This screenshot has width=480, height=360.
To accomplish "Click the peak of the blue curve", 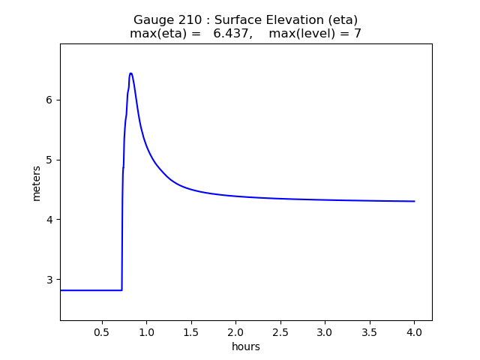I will (x=130, y=73).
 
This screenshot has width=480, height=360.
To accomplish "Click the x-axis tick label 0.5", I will (x=101, y=331).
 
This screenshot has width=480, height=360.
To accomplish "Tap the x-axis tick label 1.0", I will (x=146, y=331).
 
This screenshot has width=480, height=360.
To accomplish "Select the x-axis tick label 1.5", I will (x=190, y=331).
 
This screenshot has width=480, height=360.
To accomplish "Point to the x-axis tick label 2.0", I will (x=235, y=331).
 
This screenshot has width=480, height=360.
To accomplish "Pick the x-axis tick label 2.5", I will (x=280, y=331).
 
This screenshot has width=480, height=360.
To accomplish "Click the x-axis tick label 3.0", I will (x=325, y=331).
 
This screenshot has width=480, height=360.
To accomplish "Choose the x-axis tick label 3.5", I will (x=369, y=331).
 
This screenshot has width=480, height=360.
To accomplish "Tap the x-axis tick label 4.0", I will (x=414, y=331).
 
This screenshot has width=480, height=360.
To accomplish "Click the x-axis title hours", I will (x=246, y=346).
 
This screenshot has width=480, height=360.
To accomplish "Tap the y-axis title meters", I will (x=36, y=182).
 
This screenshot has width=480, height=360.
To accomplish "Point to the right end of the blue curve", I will (x=414, y=201).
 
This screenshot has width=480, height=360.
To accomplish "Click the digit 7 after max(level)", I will (x=358, y=34).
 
